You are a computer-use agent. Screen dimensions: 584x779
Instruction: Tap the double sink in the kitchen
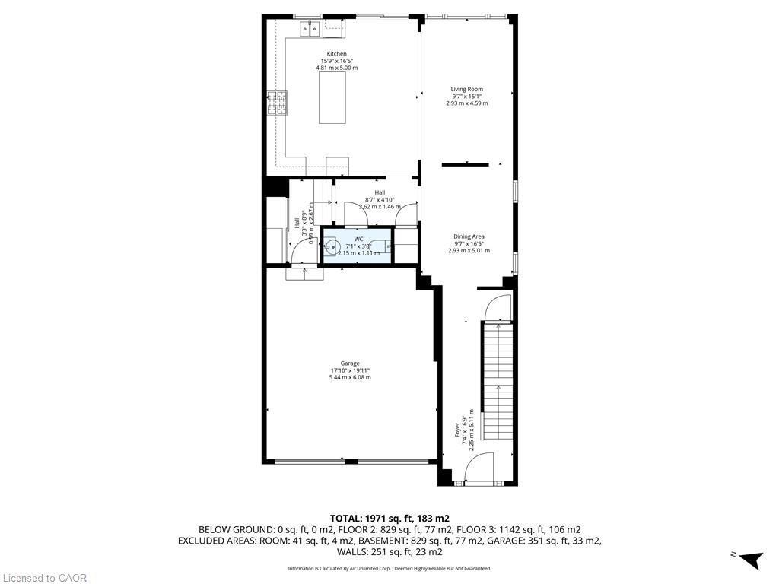311,29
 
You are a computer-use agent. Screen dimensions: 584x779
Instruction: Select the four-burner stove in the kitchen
277,102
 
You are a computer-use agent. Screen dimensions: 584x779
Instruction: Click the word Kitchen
336,54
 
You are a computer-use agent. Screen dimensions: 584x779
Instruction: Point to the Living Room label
466,89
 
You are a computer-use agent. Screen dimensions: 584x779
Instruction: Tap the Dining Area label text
469,236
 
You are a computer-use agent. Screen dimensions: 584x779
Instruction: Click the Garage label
350,363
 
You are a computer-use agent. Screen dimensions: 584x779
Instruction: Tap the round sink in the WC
332,246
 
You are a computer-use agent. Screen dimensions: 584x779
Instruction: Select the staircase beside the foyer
498,380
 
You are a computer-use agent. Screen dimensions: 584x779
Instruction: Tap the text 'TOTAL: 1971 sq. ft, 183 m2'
389,518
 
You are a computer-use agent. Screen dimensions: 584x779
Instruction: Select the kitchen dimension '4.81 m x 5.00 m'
336,68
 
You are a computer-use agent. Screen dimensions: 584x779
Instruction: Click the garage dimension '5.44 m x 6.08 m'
350,377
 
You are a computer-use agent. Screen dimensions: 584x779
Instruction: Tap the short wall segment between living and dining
465,163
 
